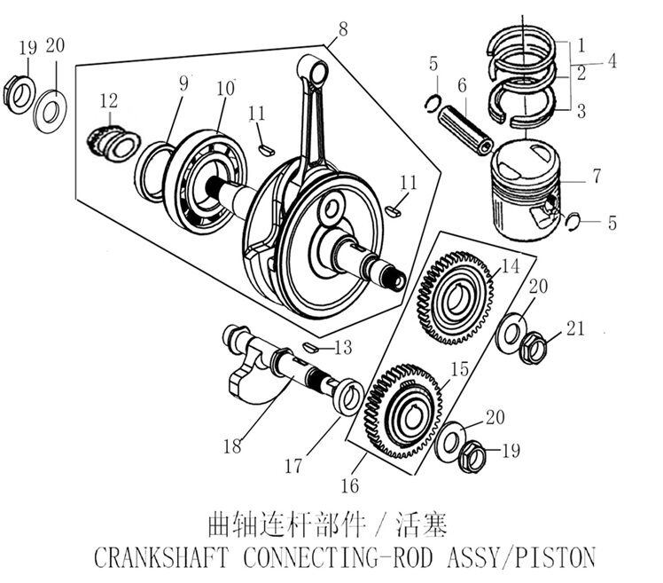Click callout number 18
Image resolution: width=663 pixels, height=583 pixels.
pos(231,445)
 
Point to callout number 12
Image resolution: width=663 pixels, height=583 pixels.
pos(108,103)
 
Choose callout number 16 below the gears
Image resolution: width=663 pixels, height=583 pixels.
pos(349,485)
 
